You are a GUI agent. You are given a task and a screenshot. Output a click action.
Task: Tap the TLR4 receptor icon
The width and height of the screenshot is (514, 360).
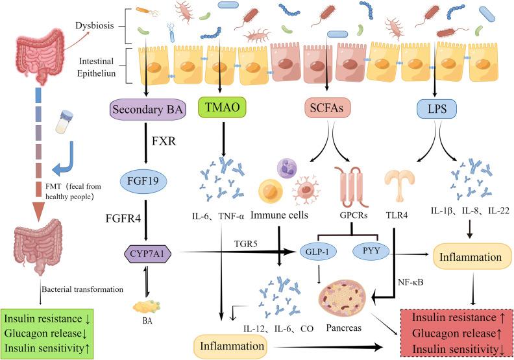coord(398,188)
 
